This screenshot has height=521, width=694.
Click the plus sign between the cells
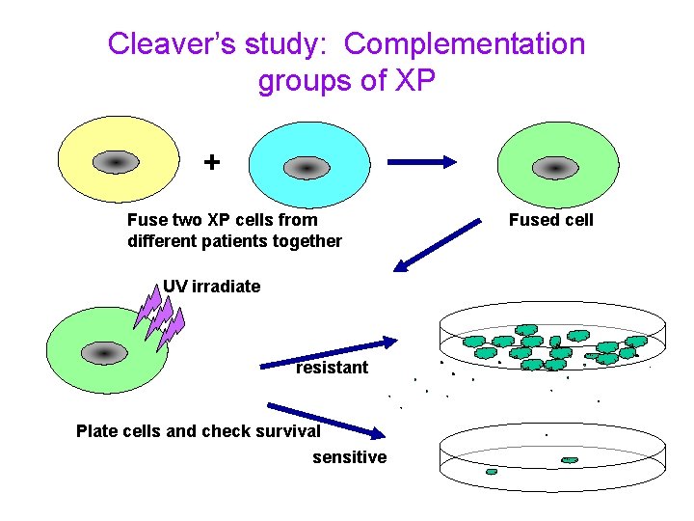211,161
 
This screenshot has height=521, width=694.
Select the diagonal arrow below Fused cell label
439,245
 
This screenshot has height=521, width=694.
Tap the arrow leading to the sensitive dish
323,421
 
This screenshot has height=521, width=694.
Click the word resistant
332,368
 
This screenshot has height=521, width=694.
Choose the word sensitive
349,457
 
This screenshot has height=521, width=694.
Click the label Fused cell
551,220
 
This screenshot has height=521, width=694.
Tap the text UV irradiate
211,287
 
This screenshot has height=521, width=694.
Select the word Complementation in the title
465,44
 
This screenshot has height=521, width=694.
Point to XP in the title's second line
415,81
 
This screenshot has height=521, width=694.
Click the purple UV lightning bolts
159,315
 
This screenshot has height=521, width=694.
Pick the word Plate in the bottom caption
96,431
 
